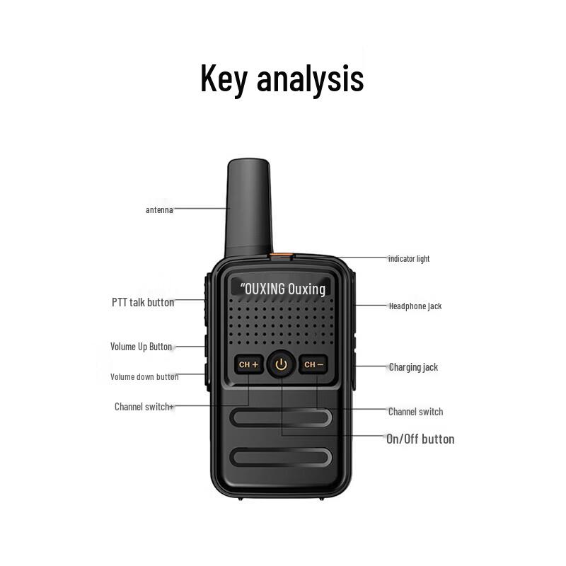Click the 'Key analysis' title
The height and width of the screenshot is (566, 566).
coord(282,79)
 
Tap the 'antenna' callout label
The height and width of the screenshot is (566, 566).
coord(159,209)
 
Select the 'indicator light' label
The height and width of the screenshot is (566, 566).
coord(408,259)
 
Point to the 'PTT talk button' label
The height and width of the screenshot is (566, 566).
coord(143,302)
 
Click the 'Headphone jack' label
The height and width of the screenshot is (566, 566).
coord(415,306)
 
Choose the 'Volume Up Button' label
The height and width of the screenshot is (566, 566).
coord(141,347)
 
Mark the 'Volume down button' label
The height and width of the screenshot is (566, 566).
coord(144,377)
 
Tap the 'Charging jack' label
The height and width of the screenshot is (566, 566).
coord(413,367)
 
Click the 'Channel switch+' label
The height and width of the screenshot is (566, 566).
coord(144,407)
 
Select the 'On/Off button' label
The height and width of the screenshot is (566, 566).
coord(420,439)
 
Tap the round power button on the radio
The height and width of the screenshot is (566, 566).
coord(282,365)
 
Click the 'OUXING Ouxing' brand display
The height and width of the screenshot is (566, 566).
coord(282,289)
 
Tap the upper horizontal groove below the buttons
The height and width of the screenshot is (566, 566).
coord(282,417)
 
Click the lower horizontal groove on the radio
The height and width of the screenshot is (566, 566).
coord(282,458)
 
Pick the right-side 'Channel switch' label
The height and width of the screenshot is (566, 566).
coord(415,412)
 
